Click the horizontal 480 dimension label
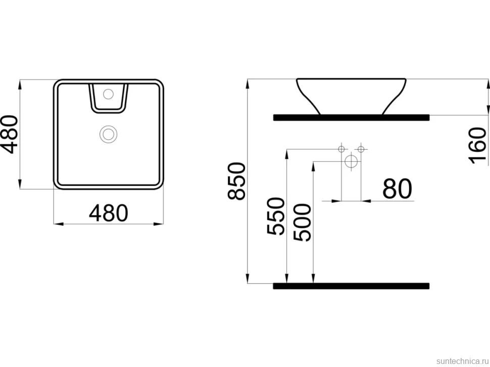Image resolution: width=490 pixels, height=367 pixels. coord(109,213)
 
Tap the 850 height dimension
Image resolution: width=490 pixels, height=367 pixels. coord(236,181)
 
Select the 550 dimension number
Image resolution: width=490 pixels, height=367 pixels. coord(276,216)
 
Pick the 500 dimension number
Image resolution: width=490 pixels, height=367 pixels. coord(303,222)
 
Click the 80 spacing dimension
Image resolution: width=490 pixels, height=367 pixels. coord(397,189)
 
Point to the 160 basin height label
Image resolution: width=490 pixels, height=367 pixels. coord(477,145)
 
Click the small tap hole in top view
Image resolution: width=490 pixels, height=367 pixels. coord(108,94)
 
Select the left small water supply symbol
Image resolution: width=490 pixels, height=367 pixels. coord(341,149)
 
